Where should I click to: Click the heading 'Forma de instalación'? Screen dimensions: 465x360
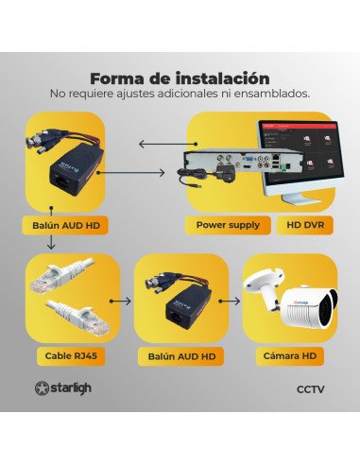click(x=180, y=78)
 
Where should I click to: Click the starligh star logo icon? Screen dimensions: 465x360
click(x=43, y=387)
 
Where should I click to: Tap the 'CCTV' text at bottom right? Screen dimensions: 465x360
click(x=310, y=388)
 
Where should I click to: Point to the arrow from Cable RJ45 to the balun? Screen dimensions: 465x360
click(x=120, y=301)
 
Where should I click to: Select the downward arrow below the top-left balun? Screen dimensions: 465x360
click(x=49, y=244)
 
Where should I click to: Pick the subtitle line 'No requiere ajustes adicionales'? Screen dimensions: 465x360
click(x=180, y=95)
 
